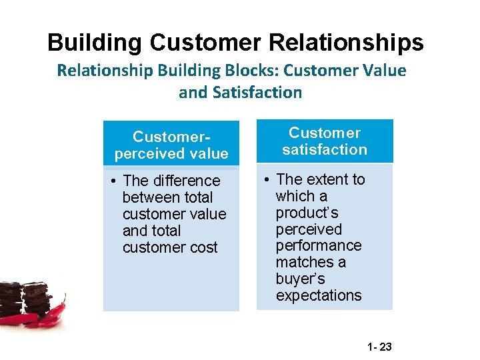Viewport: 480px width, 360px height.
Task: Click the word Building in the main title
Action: (x=95, y=43)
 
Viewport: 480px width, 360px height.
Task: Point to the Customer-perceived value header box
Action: (x=171, y=145)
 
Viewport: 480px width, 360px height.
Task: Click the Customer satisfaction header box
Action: (x=325, y=141)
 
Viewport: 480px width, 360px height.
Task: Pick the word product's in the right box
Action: (x=307, y=213)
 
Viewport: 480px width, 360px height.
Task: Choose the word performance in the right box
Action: (x=319, y=245)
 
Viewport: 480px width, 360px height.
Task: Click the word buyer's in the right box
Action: (x=300, y=279)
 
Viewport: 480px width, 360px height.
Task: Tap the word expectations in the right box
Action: (x=319, y=295)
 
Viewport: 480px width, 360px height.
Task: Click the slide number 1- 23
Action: (x=381, y=347)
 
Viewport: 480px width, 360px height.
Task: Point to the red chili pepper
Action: (x=53, y=317)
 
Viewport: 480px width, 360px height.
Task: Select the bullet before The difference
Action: (x=115, y=181)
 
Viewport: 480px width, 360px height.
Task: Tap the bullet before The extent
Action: (x=267, y=179)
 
